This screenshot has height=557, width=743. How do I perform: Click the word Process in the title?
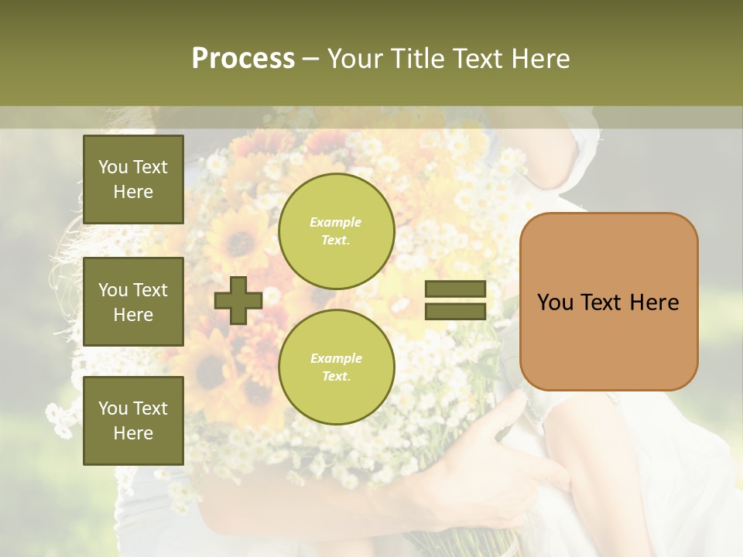coord(243,58)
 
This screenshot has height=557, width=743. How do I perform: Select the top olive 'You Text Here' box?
coord(133,179)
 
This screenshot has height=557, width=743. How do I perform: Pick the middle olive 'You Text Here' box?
coord(133,302)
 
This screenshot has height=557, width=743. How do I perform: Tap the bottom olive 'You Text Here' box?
coord(133,421)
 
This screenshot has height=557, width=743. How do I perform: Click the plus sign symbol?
coord(238,300)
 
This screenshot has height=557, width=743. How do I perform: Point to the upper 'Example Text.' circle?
coord(336,231)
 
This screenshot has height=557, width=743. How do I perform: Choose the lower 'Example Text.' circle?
coord(336,367)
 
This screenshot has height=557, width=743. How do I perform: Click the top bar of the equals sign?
coord(455,289)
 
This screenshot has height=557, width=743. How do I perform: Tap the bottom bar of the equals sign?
coord(455,311)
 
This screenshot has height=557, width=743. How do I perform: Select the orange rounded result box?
coord(608,302)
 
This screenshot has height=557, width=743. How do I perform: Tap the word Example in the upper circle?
coord(336,222)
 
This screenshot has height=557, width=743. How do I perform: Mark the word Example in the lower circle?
coord(336,358)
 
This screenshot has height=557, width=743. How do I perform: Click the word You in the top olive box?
coord(113,167)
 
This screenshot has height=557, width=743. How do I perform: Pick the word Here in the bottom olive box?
coord(133,433)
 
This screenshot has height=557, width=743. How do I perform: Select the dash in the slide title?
coord(311,59)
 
